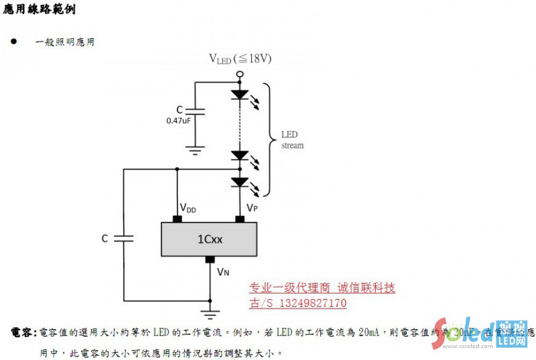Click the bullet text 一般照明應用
[64, 42]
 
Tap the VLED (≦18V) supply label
[240, 59]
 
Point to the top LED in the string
[240, 95]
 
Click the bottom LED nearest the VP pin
[240, 182]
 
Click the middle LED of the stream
[240, 156]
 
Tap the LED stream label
[291, 139]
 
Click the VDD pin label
[188, 209]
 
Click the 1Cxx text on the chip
[210, 239]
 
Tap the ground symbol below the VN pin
[210, 312]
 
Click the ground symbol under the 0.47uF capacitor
[195, 151]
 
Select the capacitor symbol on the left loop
[124, 238]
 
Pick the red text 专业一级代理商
[289, 288]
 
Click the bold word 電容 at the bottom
[23, 333]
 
